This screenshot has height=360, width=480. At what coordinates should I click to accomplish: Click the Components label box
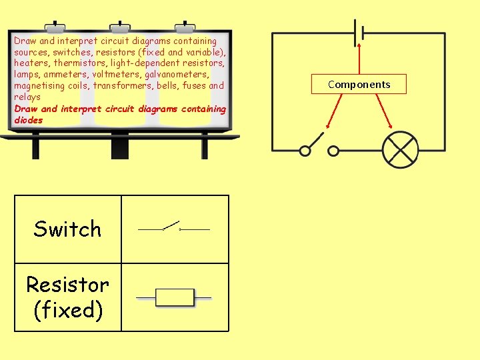tap(359, 85)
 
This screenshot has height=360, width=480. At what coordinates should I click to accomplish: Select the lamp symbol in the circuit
tap(400, 149)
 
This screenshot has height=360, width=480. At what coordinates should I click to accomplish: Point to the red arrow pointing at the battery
tap(359, 60)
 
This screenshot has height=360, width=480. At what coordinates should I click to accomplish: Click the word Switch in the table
tap(67, 229)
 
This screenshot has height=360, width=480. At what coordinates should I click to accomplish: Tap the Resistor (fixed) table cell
tap(67, 297)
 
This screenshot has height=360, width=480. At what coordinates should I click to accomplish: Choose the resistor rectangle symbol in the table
tap(175, 297)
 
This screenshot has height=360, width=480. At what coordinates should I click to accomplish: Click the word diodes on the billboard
tap(28, 120)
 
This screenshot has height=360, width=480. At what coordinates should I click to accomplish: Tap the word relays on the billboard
tap(27, 97)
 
